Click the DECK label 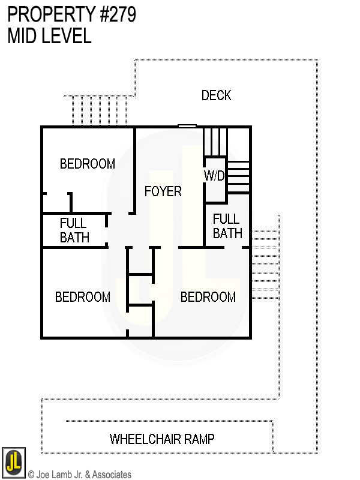(x=216, y=95)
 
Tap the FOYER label (x=163, y=191)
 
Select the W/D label (x=214, y=176)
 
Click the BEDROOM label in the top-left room (x=87, y=164)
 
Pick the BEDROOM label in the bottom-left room (x=82, y=297)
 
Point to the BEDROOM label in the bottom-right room (x=208, y=297)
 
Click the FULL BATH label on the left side (x=74, y=230)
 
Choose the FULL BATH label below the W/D (x=227, y=226)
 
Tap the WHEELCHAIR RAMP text (x=162, y=439)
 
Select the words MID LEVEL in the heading (x=49, y=36)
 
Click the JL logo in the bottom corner (x=13, y=461)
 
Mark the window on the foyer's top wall (x=187, y=126)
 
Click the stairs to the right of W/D (x=238, y=176)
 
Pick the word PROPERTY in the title (x=45, y=15)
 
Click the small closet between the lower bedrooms (x=141, y=290)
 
